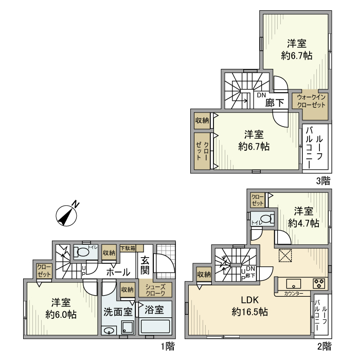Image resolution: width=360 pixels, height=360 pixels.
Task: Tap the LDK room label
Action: tap(250, 300)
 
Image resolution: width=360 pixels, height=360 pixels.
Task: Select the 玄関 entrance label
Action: tap(145, 265)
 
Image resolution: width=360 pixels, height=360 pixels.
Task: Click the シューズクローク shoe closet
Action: tap(155, 290)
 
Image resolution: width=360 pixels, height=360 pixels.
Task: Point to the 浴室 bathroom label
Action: tap(154, 310)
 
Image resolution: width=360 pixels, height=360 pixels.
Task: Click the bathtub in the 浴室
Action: tap(155, 326)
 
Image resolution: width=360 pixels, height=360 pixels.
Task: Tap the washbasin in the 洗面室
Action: tap(109, 331)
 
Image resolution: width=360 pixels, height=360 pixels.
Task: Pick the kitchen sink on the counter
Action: tap(294, 283)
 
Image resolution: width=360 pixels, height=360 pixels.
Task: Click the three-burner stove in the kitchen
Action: tap(319, 283)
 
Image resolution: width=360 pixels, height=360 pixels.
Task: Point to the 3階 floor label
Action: tap(323, 181)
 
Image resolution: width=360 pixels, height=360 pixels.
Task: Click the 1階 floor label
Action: tap(168, 346)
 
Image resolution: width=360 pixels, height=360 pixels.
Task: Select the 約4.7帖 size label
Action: tap(303, 223)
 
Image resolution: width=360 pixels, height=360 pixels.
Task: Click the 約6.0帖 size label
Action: tap(61, 315)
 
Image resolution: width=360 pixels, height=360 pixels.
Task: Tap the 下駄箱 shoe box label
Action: tap(128, 248)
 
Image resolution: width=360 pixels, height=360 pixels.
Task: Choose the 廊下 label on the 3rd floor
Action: tap(275, 103)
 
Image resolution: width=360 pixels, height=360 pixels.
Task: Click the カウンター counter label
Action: tap(294, 294)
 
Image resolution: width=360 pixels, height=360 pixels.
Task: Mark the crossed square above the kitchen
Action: tap(285, 255)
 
